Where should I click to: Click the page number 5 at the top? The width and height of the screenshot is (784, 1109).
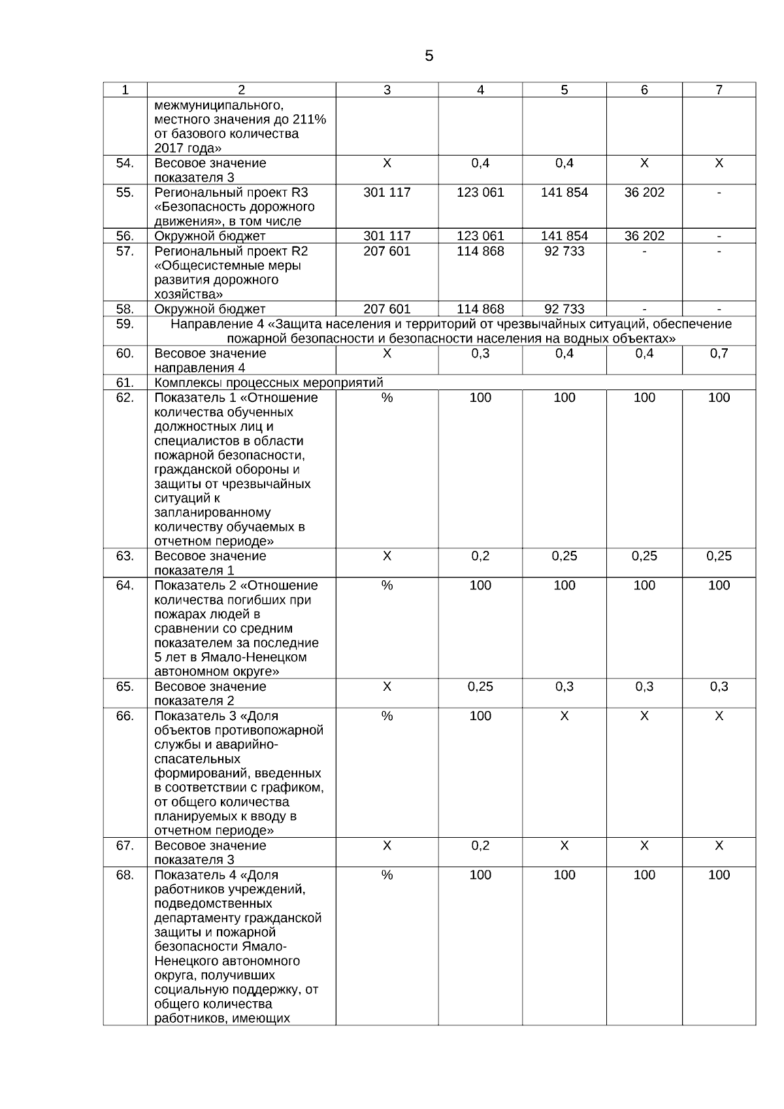coord(429,56)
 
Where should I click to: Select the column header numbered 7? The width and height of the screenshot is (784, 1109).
coord(719,90)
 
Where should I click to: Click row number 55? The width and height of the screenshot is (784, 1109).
coord(125,192)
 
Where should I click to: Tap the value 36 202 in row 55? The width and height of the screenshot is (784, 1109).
coord(644,192)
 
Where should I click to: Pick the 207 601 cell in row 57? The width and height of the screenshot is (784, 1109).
coord(387,251)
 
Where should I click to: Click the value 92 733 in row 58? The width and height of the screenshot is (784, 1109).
coord(564,309)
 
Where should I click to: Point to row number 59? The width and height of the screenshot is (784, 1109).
coord(125,324)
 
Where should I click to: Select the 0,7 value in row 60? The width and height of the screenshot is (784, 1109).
coord(719,354)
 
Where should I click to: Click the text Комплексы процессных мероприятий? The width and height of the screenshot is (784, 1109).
coord(269,383)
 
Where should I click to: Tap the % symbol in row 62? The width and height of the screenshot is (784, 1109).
coord(387,397)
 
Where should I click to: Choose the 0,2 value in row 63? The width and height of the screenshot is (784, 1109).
coord(480,556)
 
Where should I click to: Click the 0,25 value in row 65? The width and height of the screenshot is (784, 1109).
coord(480,687)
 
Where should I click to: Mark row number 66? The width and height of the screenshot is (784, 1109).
coord(125,716)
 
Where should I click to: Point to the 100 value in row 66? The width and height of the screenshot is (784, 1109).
coord(480,716)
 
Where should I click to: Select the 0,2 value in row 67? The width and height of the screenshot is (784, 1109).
coord(480,846)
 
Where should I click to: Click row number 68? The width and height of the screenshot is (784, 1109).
coord(125,875)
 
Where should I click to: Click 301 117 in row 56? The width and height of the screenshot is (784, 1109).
coord(387,236)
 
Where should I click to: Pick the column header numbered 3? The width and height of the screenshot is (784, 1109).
coord(387,90)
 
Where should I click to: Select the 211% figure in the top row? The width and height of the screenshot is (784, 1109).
coord(309,120)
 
